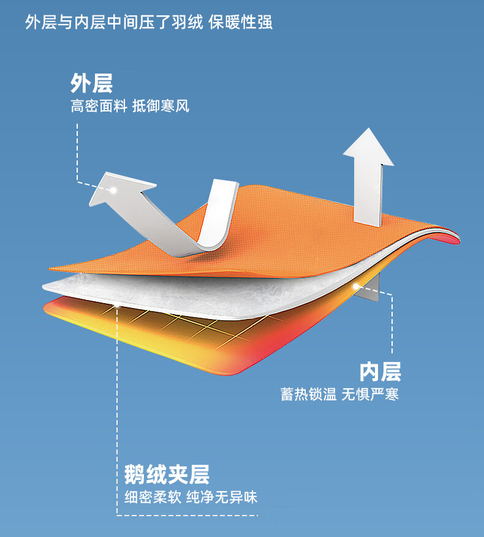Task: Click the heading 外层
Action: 91,83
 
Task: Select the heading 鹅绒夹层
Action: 167,474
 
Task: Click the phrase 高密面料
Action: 98,107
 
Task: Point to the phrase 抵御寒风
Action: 161,107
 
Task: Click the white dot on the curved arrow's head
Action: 113,190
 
